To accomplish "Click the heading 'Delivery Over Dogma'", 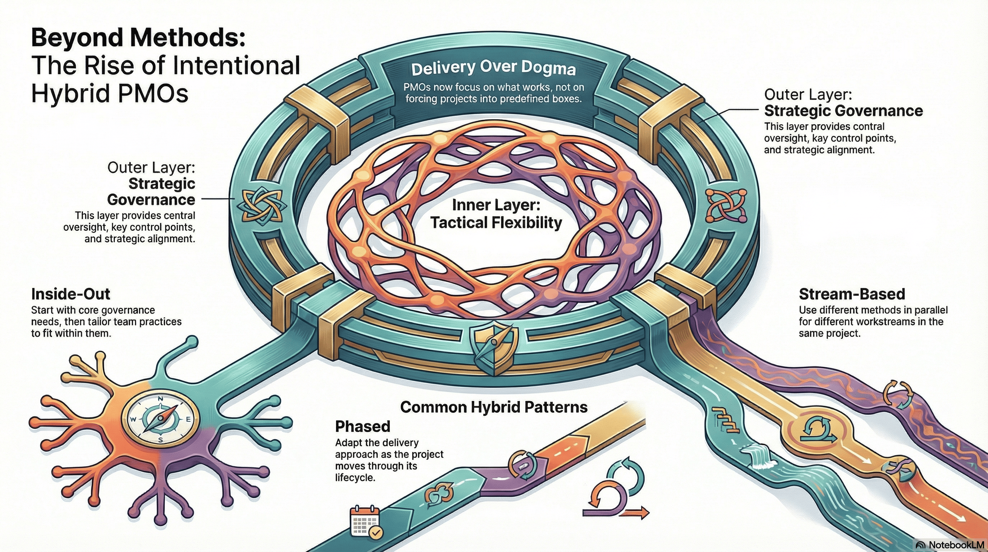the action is tap(493, 69).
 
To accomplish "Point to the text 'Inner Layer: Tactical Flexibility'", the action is tap(496, 214).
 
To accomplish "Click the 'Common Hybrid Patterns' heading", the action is tap(494, 407).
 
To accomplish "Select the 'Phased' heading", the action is tap(363, 427).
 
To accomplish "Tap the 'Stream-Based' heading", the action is tap(852, 294).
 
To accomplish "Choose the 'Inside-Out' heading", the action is tap(71, 294).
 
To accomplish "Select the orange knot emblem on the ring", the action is tap(726, 205).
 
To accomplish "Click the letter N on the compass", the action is tap(161, 399).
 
